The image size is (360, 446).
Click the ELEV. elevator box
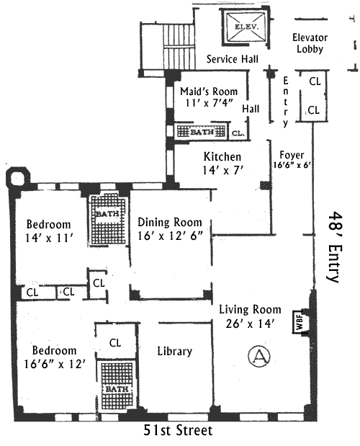(246, 27)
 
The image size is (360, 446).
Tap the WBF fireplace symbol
(300, 321)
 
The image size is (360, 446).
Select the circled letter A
(259, 355)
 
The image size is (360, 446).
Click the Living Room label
(250, 310)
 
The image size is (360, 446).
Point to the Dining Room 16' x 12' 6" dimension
(171, 236)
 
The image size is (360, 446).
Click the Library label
(175, 352)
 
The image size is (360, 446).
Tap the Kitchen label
(222, 157)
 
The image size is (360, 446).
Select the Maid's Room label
(209, 92)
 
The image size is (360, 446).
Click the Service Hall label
(233, 59)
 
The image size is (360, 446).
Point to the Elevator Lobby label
(310, 43)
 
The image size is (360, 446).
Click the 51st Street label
(178, 430)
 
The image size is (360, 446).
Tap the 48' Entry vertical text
(335, 247)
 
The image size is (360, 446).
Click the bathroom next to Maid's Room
(201, 132)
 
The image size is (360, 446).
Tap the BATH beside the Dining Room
(107, 219)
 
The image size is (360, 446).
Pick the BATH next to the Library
(117, 385)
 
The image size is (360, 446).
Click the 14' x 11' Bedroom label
(49, 231)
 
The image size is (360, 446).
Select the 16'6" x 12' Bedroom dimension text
(55, 364)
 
